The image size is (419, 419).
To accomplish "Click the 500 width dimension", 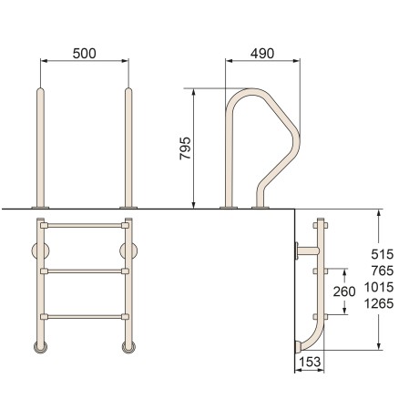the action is coord(84,54).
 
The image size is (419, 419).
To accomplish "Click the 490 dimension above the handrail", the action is coord(262,54).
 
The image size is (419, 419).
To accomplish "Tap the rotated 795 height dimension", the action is coord(185,148).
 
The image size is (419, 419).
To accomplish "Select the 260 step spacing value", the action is coord(344,291).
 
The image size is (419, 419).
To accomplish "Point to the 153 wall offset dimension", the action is coord(310,362).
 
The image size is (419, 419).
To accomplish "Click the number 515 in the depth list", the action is coord(383,254).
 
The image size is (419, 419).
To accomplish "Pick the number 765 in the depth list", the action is coord(383,271).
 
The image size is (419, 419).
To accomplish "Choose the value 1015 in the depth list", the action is coord(379,287).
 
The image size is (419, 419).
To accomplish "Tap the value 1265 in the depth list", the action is coord(379,303).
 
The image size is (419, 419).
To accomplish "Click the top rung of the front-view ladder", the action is coord(85,226).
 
